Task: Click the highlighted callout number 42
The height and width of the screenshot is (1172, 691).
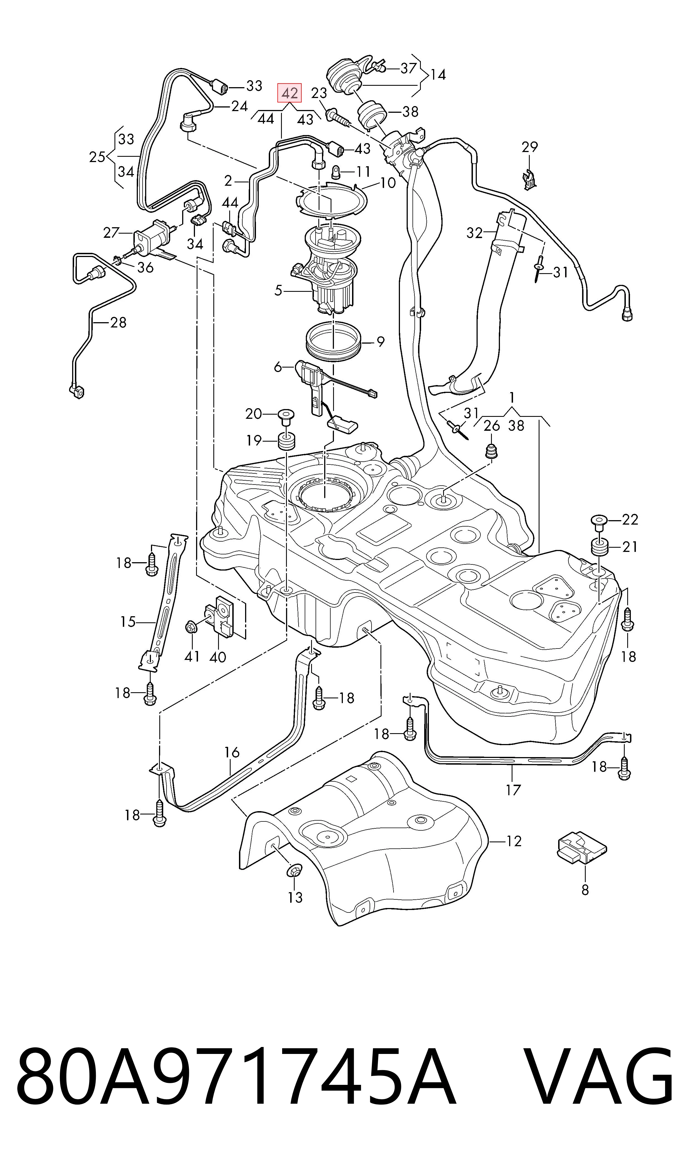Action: tap(290, 93)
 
